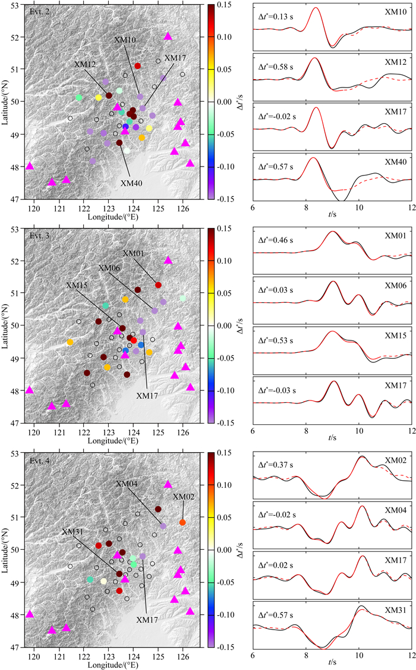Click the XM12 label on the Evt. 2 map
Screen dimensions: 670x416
coord(85,64)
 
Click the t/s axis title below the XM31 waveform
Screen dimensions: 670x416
coord(332,662)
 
